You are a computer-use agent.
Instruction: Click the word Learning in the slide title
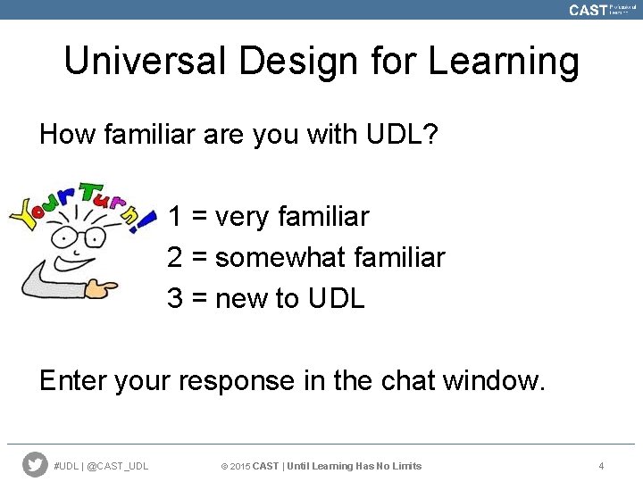point(504,62)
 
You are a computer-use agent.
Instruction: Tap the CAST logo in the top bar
point(588,10)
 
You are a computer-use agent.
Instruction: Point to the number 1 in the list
point(176,216)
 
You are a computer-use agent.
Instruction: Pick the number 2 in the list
point(176,257)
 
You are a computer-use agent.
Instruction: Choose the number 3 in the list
point(176,298)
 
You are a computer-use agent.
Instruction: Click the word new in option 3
point(242,298)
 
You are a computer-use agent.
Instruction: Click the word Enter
point(72,380)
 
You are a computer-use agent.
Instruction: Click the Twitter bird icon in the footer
point(35,464)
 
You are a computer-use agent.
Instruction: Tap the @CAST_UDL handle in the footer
point(118,466)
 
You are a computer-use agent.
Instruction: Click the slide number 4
point(601,466)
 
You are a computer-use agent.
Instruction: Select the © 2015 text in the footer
point(235,466)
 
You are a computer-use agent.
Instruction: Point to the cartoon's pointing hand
point(103,288)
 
